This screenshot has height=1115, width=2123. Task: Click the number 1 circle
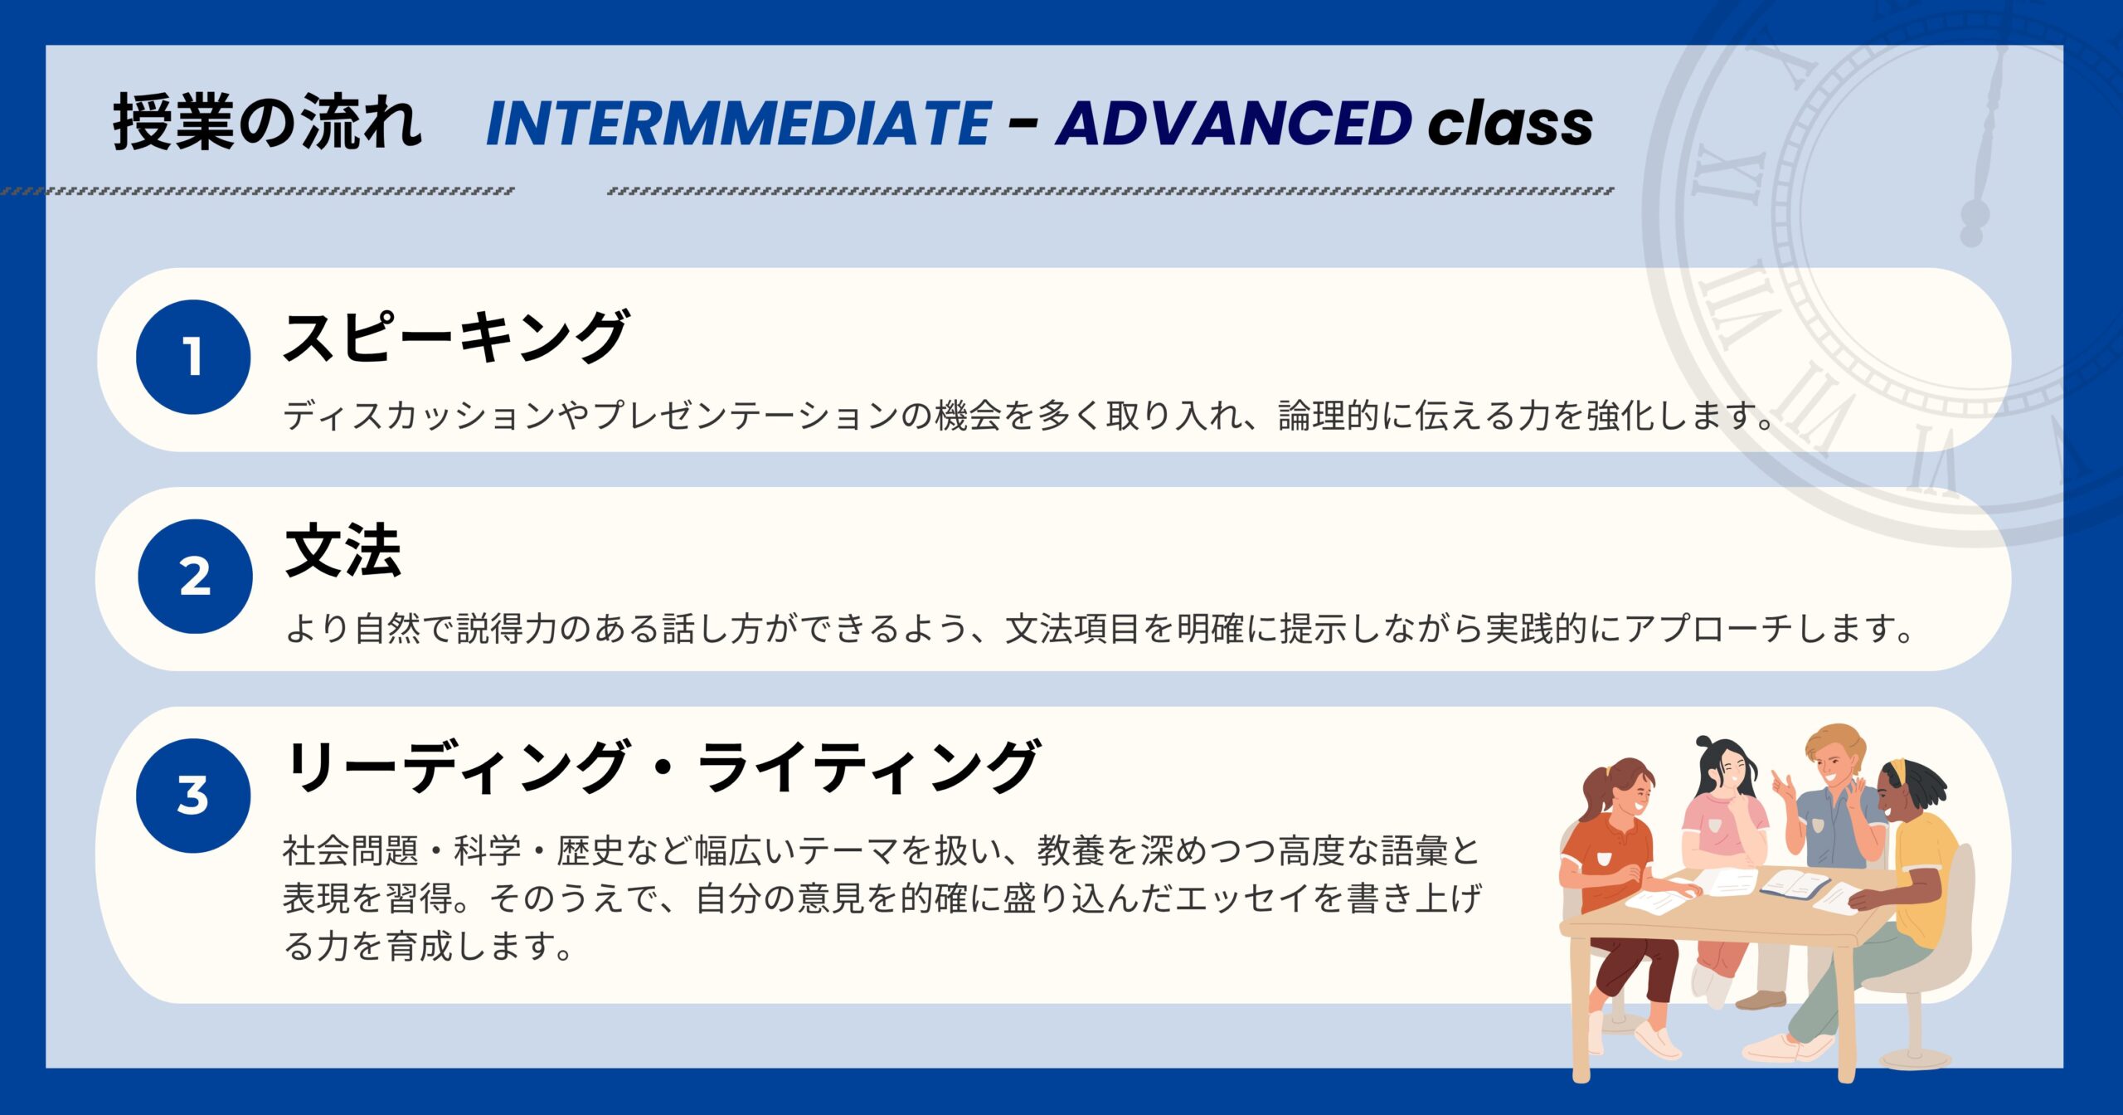click(x=193, y=357)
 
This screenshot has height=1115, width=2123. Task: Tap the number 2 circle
click(x=195, y=577)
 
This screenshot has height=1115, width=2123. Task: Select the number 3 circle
click(x=193, y=796)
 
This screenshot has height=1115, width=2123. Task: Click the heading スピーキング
click(x=455, y=337)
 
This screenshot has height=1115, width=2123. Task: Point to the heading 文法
click(x=343, y=551)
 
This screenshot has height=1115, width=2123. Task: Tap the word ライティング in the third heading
click(x=867, y=767)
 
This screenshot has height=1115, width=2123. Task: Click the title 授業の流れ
click(x=267, y=122)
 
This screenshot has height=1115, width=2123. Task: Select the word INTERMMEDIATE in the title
click(x=739, y=124)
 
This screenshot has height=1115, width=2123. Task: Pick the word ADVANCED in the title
click(x=1234, y=124)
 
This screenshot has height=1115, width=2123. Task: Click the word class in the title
click(x=1510, y=124)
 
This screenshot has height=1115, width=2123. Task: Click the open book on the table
click(x=1795, y=884)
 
